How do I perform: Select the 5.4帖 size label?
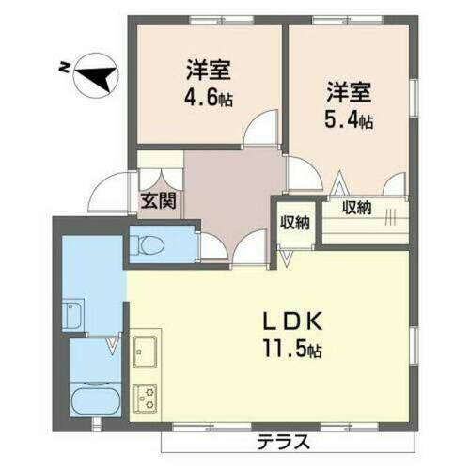click(x=352, y=120)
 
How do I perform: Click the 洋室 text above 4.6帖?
click(x=209, y=69)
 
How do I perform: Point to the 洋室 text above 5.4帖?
click(x=350, y=93)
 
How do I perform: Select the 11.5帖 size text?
click(x=293, y=351)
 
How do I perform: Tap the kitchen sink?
click(x=148, y=353)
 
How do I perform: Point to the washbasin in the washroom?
click(x=76, y=312)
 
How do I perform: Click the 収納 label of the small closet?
click(x=295, y=223)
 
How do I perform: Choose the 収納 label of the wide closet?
click(x=355, y=208)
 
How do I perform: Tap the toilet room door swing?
click(x=211, y=246)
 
